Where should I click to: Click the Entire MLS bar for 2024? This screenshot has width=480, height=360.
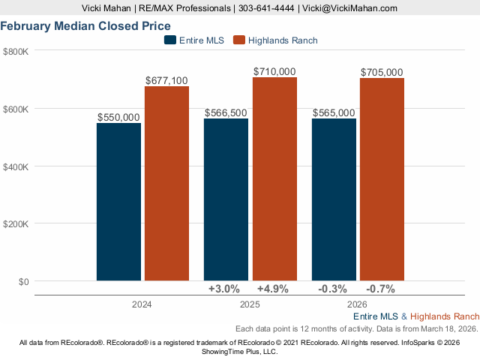[118, 202]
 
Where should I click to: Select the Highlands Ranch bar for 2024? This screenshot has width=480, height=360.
[166, 184]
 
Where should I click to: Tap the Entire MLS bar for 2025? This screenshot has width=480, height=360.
[226, 199]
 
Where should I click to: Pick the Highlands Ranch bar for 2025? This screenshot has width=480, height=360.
[274, 179]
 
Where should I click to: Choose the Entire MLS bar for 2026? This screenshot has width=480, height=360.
[334, 199]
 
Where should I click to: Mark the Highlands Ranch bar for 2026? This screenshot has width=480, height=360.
[382, 180]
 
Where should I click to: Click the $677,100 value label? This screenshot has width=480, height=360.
[166, 80]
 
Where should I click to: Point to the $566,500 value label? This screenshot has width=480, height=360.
[226, 112]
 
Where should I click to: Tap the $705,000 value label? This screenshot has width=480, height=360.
[382, 72]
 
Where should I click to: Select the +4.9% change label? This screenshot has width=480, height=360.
[273, 289]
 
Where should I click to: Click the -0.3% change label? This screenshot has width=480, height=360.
[332, 289]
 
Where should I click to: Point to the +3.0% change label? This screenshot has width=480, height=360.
[223, 289]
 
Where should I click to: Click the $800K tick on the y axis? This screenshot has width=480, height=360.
[16, 51]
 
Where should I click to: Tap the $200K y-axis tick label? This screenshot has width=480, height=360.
[16, 224]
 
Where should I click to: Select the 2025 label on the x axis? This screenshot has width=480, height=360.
[250, 304]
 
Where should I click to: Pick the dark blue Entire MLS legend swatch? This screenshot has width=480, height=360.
[170, 40]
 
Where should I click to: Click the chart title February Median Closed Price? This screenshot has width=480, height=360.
[85, 25]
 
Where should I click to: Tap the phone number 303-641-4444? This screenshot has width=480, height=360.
[265, 8]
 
